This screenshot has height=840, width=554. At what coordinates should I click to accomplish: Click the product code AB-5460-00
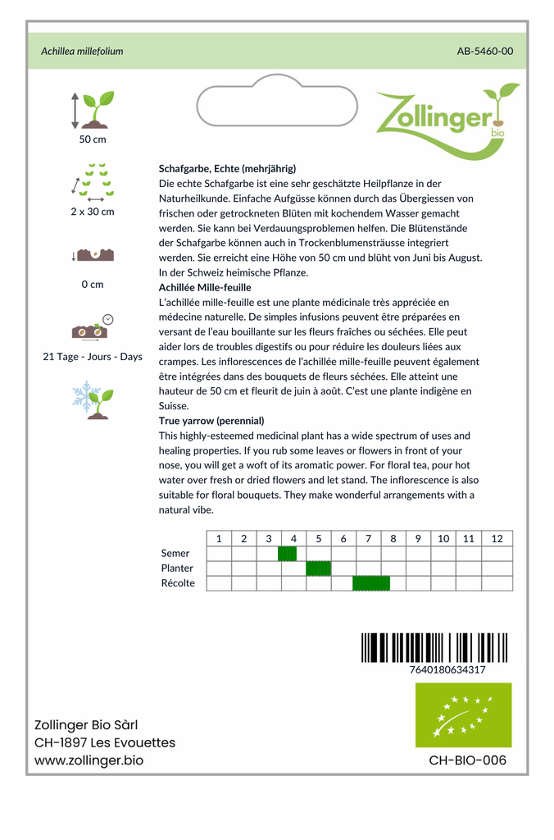pos(484,51)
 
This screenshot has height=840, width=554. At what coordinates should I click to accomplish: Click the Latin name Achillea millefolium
pos(82,51)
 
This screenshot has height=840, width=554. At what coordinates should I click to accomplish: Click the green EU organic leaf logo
pos(463,714)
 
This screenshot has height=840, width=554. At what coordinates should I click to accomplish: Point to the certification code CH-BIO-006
pos(467,760)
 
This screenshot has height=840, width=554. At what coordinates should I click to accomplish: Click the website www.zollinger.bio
pos(89,760)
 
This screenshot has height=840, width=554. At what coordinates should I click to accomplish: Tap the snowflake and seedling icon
pos(93,399)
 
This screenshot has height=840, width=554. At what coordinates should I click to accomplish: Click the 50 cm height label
pos(93,139)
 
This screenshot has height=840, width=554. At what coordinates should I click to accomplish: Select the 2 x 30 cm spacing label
pos(93,212)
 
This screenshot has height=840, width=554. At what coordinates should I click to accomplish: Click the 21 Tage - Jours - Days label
pos(93,357)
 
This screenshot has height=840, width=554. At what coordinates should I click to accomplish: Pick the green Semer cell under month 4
pos(287,554)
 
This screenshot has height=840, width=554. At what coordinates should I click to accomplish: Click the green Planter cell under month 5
pos(318,568)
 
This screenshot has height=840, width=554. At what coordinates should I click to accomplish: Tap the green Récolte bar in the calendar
pos(371,583)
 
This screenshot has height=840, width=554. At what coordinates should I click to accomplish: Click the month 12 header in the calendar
pos(497,539)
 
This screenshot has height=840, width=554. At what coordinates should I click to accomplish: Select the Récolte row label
pos(178,583)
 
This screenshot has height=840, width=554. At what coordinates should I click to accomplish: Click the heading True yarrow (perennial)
pos(211,421)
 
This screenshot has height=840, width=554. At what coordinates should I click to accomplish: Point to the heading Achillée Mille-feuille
pos(205,287)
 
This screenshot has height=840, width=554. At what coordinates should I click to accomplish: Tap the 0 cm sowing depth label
pos(93,285)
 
